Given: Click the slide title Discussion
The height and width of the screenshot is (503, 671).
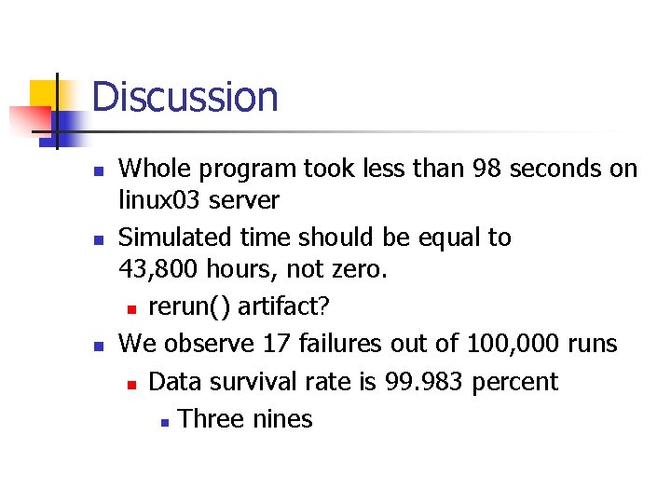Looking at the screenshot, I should click(x=185, y=97).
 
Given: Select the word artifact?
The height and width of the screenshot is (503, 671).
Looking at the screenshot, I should click(x=279, y=306).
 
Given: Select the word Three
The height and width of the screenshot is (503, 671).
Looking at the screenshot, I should click(x=212, y=419).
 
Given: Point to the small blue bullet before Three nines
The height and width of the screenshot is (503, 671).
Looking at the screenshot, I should click(x=163, y=421).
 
